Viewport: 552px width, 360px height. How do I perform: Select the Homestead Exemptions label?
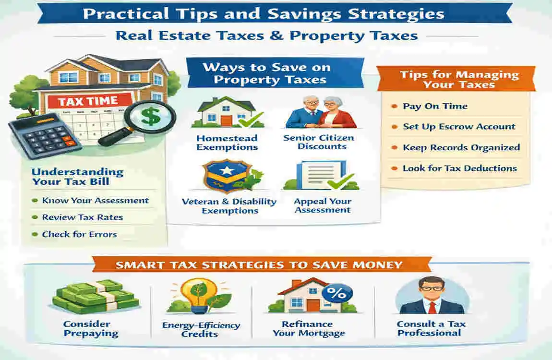(227, 143)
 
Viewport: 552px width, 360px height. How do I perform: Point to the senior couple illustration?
(321, 112)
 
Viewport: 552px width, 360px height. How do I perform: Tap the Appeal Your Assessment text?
(323, 205)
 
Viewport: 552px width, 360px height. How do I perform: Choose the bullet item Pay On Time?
(435, 106)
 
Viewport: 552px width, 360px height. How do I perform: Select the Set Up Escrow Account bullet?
(459, 127)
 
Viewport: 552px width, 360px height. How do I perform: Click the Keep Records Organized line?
(461, 147)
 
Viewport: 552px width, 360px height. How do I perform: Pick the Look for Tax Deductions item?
(459, 168)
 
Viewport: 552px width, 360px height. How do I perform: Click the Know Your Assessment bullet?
(95, 201)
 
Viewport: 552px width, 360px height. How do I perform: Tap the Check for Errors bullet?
(79, 234)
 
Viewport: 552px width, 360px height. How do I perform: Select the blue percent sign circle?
(337, 292)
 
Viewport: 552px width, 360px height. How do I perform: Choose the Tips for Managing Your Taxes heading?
(459, 80)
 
